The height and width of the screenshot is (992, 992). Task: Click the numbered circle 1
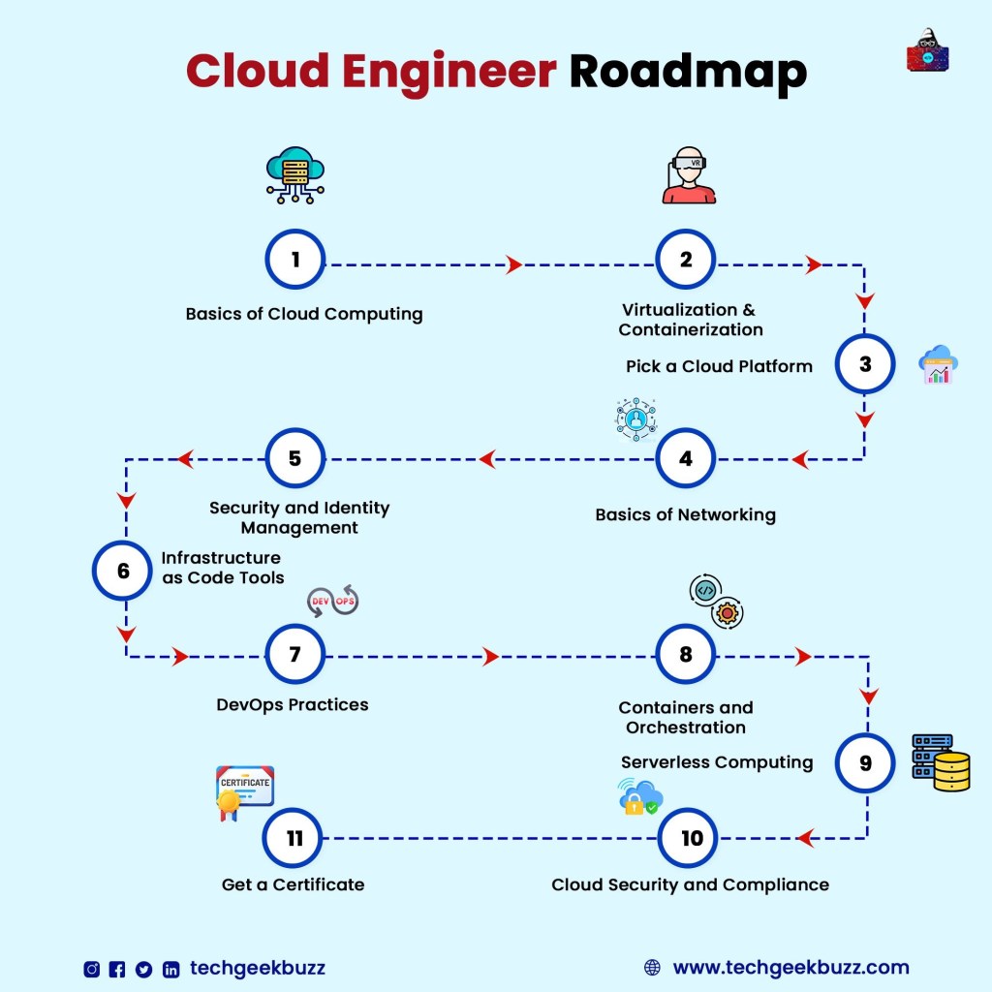(x=295, y=259)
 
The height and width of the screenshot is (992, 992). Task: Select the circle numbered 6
(x=123, y=571)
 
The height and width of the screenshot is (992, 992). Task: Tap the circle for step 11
(x=294, y=838)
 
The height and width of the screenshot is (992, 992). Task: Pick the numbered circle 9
(x=865, y=762)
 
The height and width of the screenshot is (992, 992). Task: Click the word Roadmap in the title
(x=688, y=72)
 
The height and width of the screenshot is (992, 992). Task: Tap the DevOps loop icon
(x=332, y=602)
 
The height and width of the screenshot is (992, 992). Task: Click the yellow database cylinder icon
(x=951, y=771)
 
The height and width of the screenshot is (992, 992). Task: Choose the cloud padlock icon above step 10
(x=638, y=796)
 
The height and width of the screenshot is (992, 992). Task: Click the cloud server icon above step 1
(x=294, y=175)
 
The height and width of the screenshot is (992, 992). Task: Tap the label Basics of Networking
(x=685, y=514)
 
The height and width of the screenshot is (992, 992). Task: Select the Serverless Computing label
(x=717, y=762)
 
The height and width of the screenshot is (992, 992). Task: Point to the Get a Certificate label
(x=293, y=883)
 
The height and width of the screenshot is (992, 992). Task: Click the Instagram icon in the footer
(x=92, y=969)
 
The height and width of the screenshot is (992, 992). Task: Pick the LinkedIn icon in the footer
(x=170, y=969)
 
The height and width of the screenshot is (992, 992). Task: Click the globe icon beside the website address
(x=652, y=968)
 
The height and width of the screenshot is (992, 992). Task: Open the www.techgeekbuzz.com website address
(x=790, y=968)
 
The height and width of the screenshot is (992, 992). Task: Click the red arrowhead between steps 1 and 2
(x=514, y=264)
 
